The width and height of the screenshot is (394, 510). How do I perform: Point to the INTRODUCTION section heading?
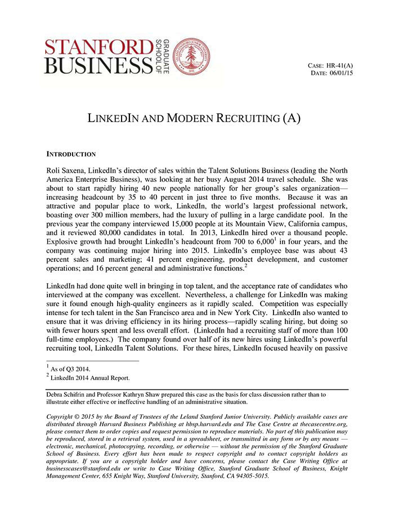pos(71,154)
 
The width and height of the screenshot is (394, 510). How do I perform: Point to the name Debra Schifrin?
pos(69,395)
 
